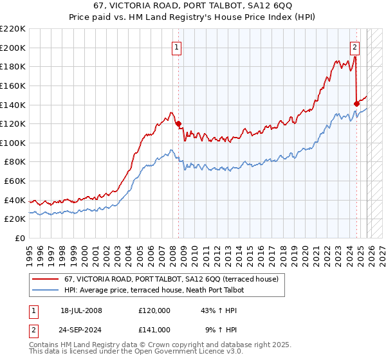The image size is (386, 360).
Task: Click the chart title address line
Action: pyautogui.click(x=193, y=6)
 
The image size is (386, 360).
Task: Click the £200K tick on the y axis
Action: pyautogui.click(x=13, y=48)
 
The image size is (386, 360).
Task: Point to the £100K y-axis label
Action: pyautogui.click(x=13, y=143)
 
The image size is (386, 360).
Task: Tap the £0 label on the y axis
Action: pyautogui.click(x=20, y=239)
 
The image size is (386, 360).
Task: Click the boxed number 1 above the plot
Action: pyautogui.click(x=177, y=46)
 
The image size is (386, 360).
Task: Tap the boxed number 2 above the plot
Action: pyautogui.click(x=354, y=46)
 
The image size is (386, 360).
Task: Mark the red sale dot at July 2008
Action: pyautogui.click(x=178, y=123)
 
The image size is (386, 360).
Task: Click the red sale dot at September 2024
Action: pyautogui.click(x=356, y=103)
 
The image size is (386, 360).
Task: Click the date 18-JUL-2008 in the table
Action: pyautogui.click(x=81, y=310)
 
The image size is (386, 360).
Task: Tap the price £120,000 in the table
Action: pyautogui.click(x=154, y=310)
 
